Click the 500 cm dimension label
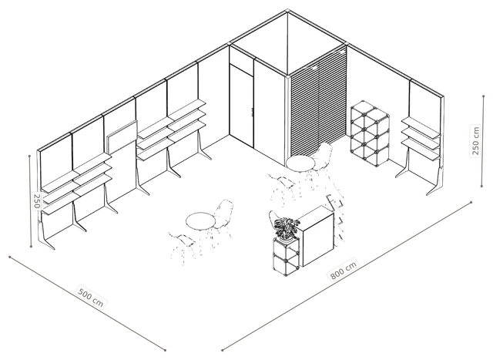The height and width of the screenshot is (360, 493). coord(90,298)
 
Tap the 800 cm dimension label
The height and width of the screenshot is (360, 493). coord(344,270)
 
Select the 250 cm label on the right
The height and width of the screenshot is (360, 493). coord(475,140)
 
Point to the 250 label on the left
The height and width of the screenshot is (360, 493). coord(37,200)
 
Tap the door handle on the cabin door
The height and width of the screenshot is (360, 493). coord(252,112)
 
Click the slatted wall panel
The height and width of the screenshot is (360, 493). coord(318,105)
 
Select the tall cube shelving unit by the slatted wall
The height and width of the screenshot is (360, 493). coord(370,133)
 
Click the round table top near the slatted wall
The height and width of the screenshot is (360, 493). coord(300,163)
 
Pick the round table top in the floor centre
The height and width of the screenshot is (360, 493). coord(200,220)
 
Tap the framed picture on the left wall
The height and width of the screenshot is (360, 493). coord(122,137)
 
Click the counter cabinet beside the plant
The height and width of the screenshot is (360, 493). coord(316,236)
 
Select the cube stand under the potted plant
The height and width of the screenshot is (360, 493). coord(286,257)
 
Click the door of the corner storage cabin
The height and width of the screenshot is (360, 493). coord(241,105)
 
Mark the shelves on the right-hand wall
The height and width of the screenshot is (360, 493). coord(421,137)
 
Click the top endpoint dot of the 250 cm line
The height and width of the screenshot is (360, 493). coord(484,96)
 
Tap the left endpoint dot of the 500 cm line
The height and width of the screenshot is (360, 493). coord(10,257)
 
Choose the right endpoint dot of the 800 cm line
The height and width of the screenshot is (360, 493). coord(471,202)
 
